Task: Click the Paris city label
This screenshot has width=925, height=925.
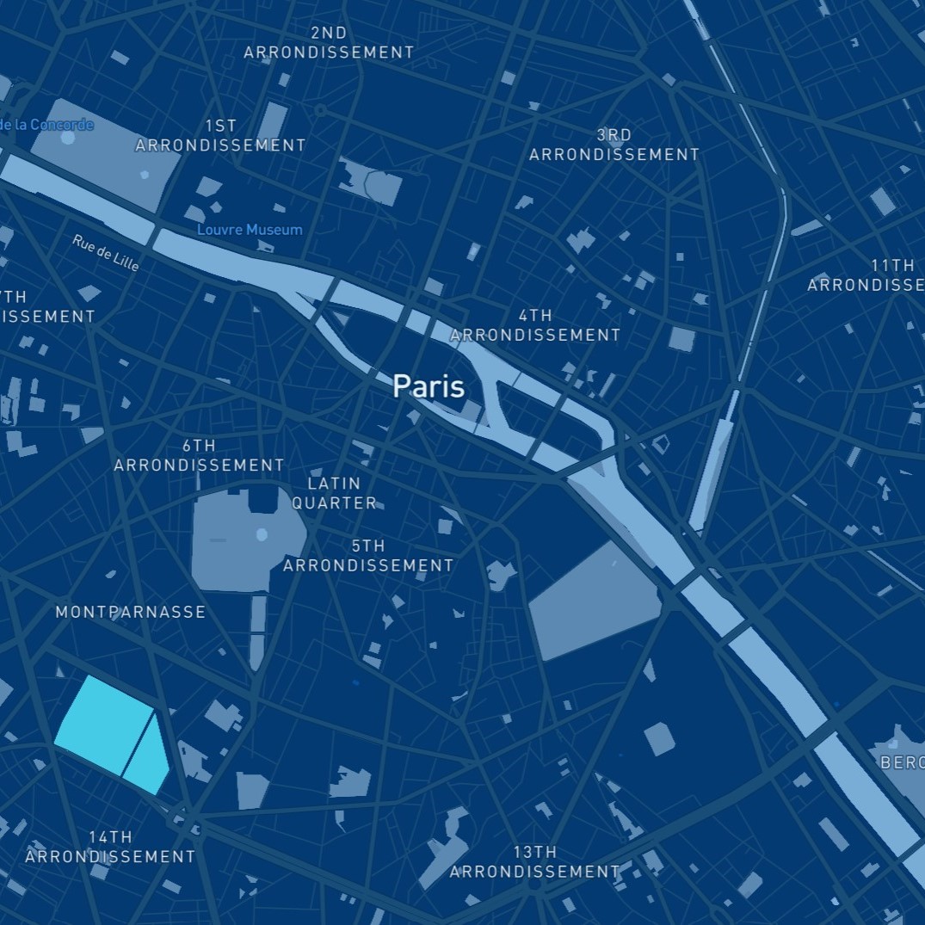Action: point(429,386)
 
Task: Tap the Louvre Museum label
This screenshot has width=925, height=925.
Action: point(250,230)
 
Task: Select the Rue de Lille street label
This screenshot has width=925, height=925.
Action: point(106,253)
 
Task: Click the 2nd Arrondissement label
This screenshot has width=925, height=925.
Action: point(329,43)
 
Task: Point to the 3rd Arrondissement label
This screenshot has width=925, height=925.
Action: point(614,145)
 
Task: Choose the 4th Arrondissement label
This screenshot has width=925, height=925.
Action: point(535,325)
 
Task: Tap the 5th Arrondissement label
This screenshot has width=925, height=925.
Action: point(368,556)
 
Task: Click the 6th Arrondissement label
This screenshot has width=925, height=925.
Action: point(199,455)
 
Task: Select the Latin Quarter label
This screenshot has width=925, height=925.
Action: point(334,493)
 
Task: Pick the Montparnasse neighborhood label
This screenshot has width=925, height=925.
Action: point(131,612)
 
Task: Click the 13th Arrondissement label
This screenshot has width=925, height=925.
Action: point(534,861)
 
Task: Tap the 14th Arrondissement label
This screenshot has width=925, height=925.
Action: point(110,847)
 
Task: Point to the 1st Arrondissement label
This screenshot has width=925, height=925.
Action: point(220,136)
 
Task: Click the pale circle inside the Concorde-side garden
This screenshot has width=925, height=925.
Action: point(145,175)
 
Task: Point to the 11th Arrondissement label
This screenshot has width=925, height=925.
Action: point(866,274)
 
